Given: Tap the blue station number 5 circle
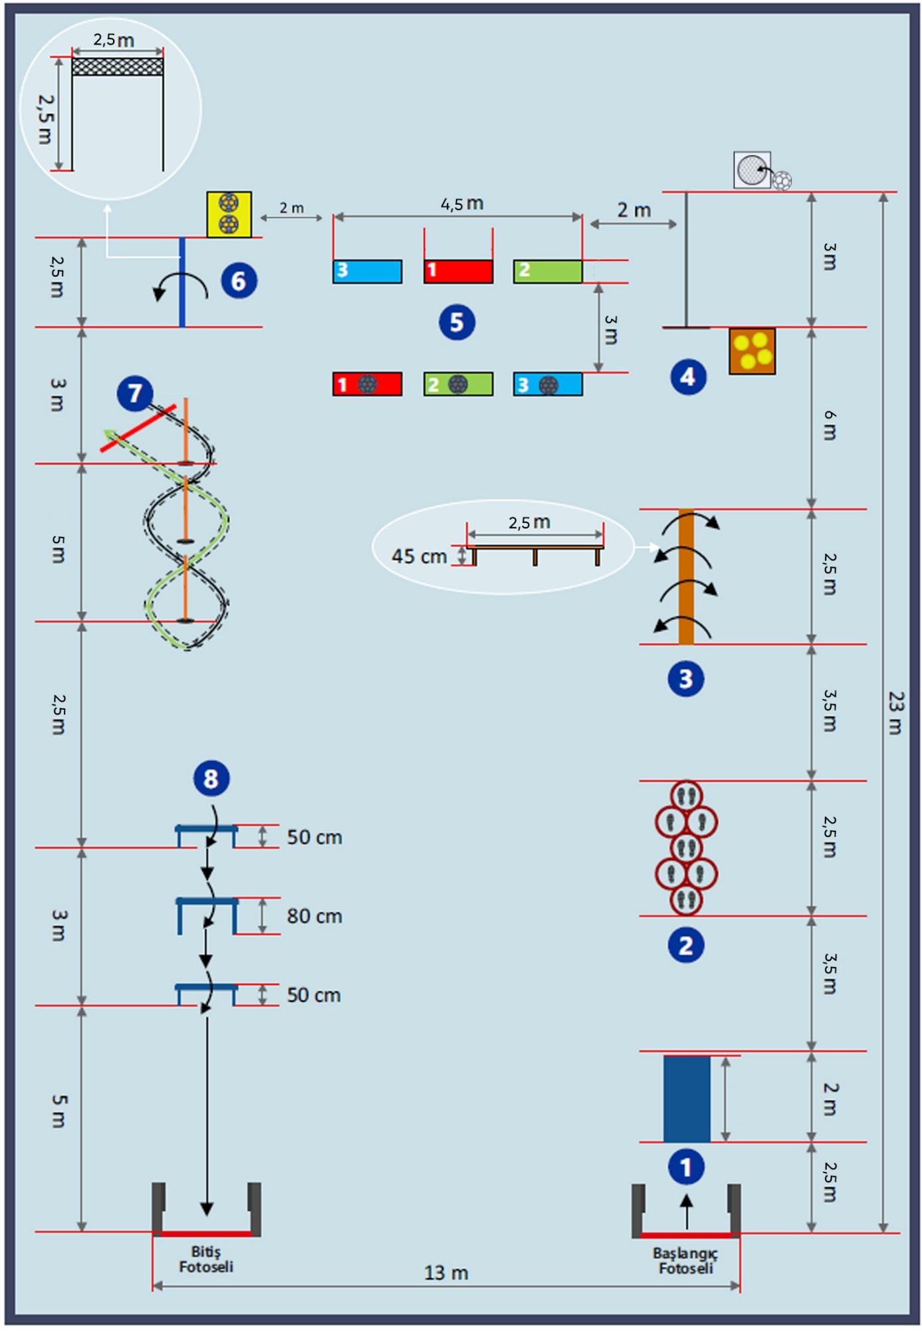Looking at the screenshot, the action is [457, 322].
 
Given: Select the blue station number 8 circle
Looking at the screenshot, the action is [211, 778].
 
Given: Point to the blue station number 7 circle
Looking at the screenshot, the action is [135, 393].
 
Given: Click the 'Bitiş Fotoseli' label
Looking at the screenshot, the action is [206, 1260].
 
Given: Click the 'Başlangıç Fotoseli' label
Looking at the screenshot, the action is [685, 1261].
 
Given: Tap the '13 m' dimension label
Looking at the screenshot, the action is [446, 1274].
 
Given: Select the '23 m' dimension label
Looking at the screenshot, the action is [896, 713].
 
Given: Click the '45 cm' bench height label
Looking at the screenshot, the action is [419, 556].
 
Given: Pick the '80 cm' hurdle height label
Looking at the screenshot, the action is [314, 917].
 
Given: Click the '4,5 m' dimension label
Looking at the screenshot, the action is [462, 204].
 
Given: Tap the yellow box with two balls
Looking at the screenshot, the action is [229, 214].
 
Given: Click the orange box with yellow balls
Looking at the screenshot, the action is [752, 351].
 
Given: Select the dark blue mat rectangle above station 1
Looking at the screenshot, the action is [687, 1099].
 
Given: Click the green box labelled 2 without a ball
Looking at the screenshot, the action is [548, 272].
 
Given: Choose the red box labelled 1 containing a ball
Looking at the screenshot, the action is [368, 384].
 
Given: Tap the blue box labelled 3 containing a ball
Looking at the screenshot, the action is [548, 384].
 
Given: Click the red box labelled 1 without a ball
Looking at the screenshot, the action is [459, 272].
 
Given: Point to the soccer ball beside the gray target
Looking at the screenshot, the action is [782, 181].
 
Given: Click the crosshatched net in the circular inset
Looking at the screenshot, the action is [118, 66].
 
